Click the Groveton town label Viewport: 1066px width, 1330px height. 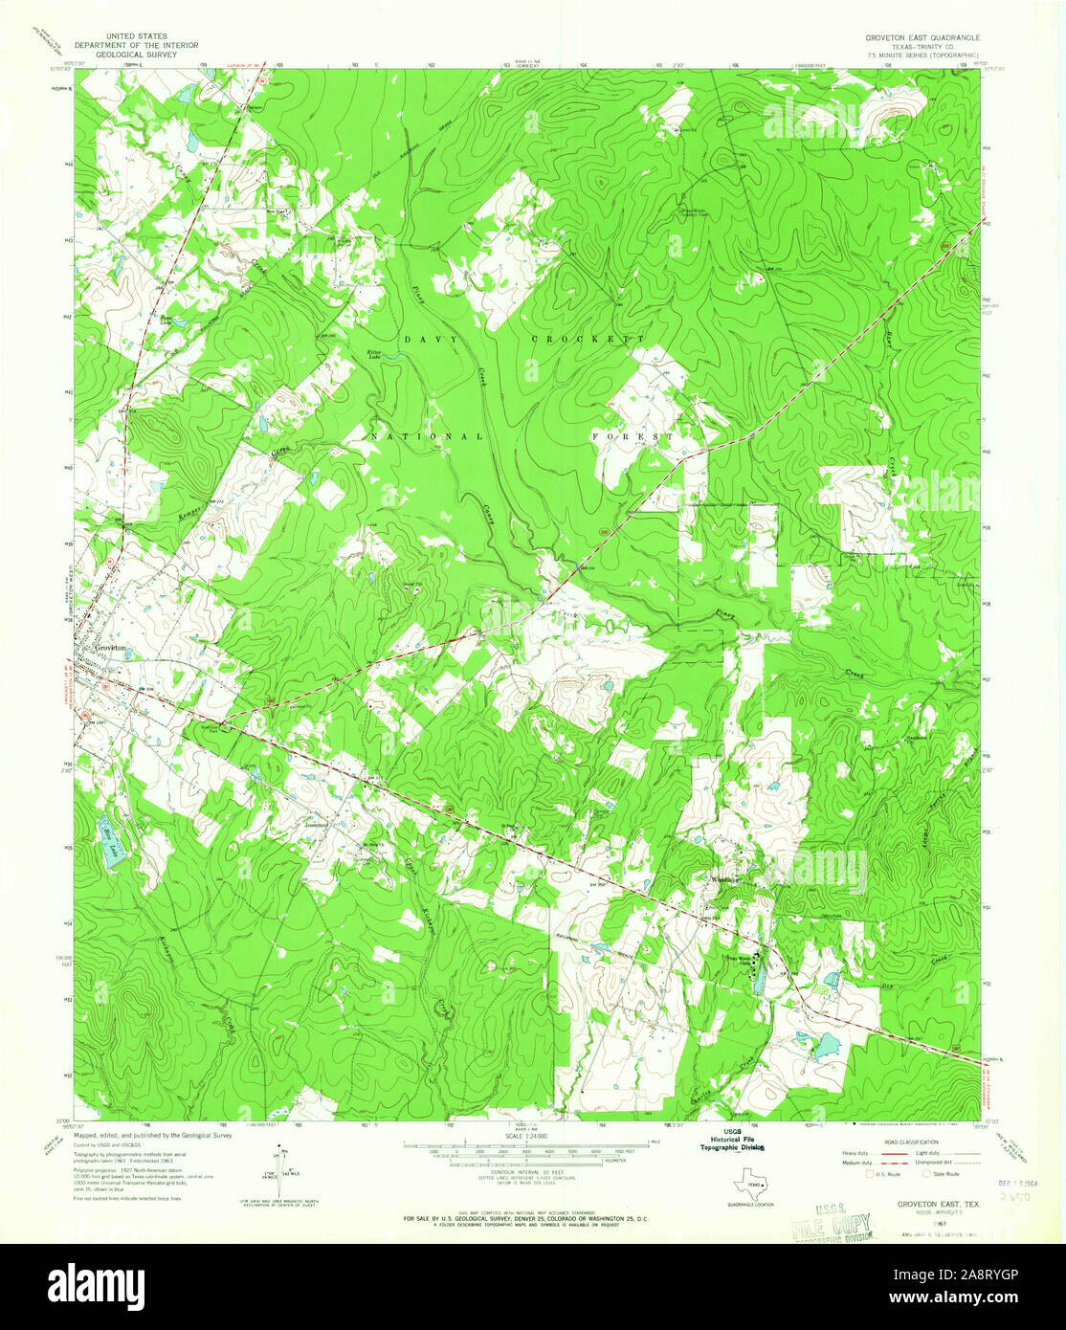pos(111,648)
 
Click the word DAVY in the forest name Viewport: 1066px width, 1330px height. pos(419,340)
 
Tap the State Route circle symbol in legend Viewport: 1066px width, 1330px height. pos(925,1173)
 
